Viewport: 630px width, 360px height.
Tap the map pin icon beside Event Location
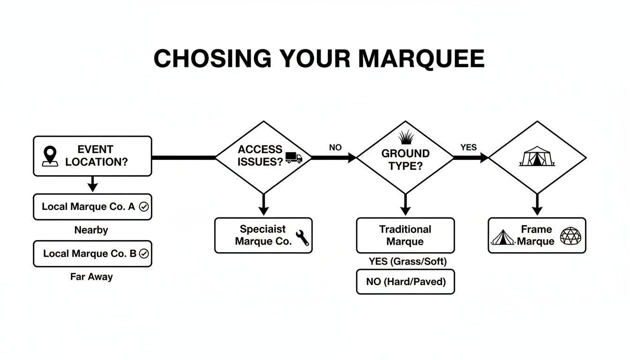pos(50,156)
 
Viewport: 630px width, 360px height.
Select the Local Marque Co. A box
pos(92,207)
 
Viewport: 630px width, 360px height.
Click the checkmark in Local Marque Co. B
pos(144,254)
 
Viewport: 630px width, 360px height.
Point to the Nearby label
pos(91,230)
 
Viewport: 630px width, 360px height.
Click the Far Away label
pos(91,277)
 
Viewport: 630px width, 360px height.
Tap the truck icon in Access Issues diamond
pos(293,158)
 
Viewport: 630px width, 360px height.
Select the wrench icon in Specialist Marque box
pos(302,238)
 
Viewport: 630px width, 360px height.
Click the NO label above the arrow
pos(335,148)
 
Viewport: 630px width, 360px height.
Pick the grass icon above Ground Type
pos(406,137)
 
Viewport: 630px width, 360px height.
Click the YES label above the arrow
pos(468,148)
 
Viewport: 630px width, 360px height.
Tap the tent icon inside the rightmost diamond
pos(537,156)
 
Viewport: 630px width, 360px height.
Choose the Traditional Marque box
pos(405,235)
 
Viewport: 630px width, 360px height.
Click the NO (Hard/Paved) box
pos(405,282)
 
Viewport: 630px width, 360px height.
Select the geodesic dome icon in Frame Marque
pos(570,236)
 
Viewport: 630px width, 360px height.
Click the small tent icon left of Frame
pos(503,238)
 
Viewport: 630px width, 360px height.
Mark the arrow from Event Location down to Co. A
pos(93,184)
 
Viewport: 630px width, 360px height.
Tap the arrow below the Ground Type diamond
pos(405,205)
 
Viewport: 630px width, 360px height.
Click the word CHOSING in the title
pos(212,59)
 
